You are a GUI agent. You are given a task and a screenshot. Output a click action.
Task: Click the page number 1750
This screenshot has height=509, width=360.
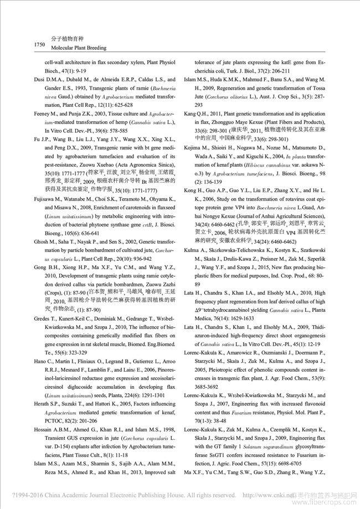[x=26, y=44]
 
